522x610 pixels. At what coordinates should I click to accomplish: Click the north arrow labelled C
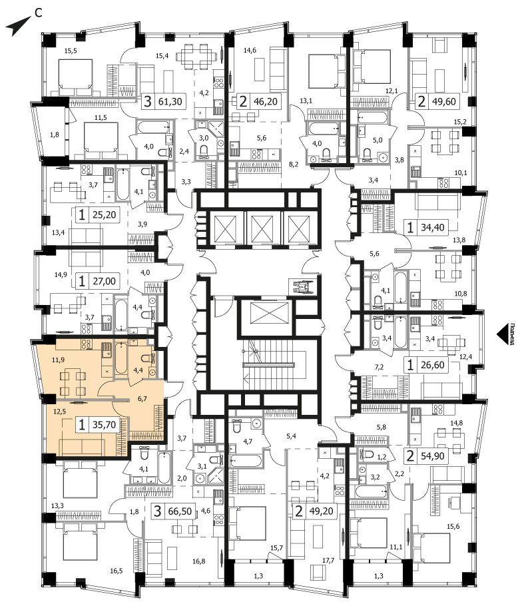click(18, 26)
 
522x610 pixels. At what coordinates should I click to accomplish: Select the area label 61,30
click(170, 102)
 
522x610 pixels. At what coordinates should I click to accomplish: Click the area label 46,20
click(266, 102)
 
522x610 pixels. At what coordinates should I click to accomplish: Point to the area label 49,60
click(444, 102)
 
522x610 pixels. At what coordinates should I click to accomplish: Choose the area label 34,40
click(433, 227)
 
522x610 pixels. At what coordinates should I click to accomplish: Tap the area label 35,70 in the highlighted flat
click(105, 424)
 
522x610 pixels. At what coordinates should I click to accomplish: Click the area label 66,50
click(180, 511)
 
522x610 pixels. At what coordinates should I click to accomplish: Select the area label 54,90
click(433, 456)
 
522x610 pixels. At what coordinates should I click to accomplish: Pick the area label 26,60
click(433, 366)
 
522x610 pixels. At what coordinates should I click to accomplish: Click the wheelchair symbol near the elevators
click(300, 287)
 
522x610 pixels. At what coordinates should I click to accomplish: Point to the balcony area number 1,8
click(55, 135)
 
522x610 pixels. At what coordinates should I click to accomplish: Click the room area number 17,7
click(329, 561)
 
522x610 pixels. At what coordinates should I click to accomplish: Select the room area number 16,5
click(117, 571)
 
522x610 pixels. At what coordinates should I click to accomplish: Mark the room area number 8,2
click(294, 164)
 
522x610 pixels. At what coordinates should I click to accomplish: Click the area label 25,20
click(105, 214)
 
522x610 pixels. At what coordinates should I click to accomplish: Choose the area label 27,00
click(105, 281)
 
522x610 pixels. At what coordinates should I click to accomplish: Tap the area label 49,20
click(322, 511)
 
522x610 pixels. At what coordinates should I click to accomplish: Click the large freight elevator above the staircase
click(265, 313)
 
